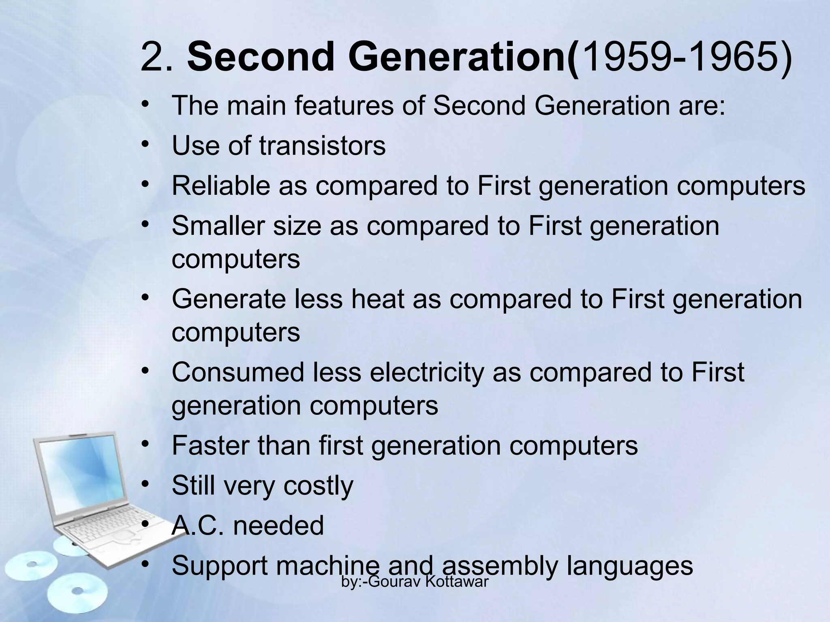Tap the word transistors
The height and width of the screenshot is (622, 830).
click(x=322, y=145)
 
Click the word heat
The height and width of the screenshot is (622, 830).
click(x=377, y=299)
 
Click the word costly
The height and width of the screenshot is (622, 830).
click(x=318, y=486)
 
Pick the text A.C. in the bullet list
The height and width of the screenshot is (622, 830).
click(x=197, y=526)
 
